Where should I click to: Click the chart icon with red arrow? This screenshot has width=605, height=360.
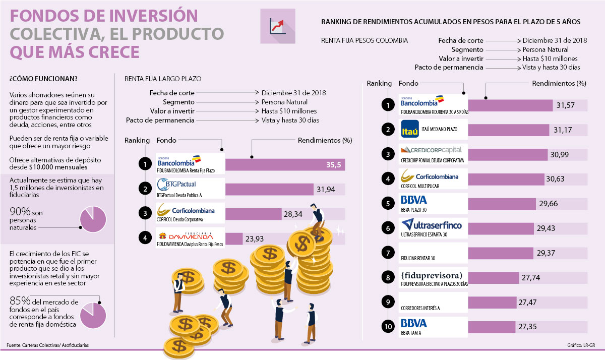(x=278, y=26)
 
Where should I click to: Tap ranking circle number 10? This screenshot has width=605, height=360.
(x=388, y=327)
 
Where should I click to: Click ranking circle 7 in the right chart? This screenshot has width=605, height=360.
(x=388, y=253)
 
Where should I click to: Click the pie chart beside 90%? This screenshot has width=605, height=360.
(x=93, y=219)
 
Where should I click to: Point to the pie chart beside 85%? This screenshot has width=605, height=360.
(x=93, y=314)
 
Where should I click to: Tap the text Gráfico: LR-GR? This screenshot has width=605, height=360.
(x=581, y=345)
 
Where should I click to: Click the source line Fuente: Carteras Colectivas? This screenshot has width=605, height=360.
(x=47, y=345)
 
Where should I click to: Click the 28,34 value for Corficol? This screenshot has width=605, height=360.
(x=293, y=214)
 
